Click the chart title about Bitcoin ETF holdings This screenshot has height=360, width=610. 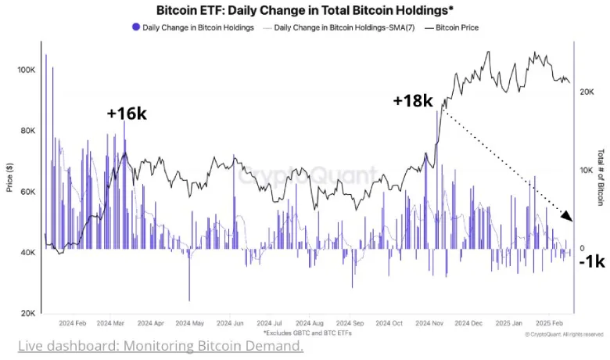click(304, 11)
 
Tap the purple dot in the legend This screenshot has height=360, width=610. click(136, 27)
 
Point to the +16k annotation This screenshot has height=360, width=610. click(127, 113)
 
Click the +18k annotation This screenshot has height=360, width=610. click(412, 101)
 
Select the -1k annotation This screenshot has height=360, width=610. click(591, 262)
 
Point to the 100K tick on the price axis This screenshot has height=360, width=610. click(26, 70)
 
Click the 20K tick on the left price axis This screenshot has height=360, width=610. click(27, 313)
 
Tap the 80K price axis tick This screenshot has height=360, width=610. click(27, 131)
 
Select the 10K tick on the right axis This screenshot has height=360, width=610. click(587, 170)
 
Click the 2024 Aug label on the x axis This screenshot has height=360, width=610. click(310, 322)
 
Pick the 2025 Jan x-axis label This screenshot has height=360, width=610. click(511, 322)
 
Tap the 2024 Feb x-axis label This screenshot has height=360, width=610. click(71, 322)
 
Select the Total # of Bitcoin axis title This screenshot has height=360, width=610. click(601, 182)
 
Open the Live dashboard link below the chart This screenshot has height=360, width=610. click(160, 345)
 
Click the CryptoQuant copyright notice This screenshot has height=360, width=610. click(564, 333)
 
